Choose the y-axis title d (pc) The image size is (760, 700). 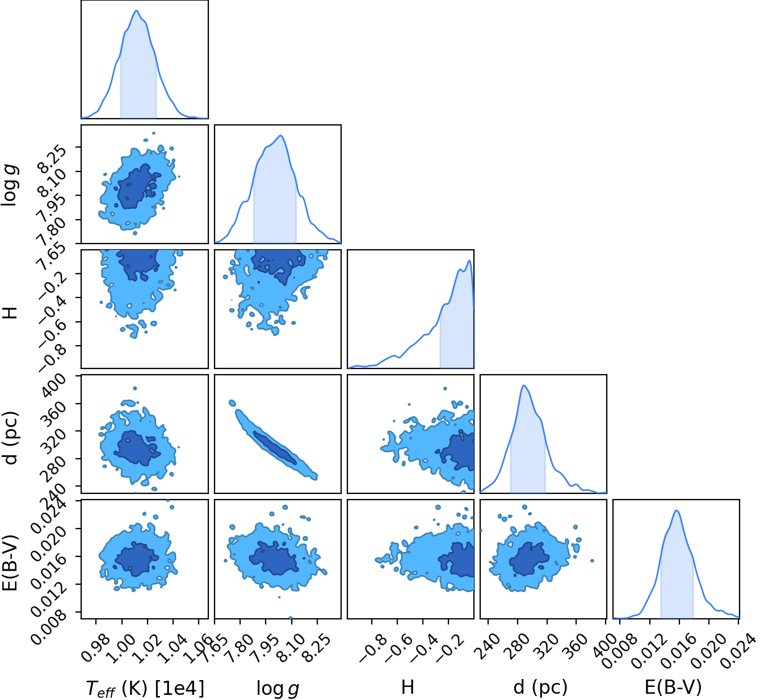(x=10, y=438)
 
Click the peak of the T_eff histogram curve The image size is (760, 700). (x=136, y=11)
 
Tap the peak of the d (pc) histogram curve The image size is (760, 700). (x=524, y=386)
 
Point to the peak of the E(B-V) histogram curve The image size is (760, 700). (x=676, y=510)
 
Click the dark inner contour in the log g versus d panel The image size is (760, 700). (x=275, y=448)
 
